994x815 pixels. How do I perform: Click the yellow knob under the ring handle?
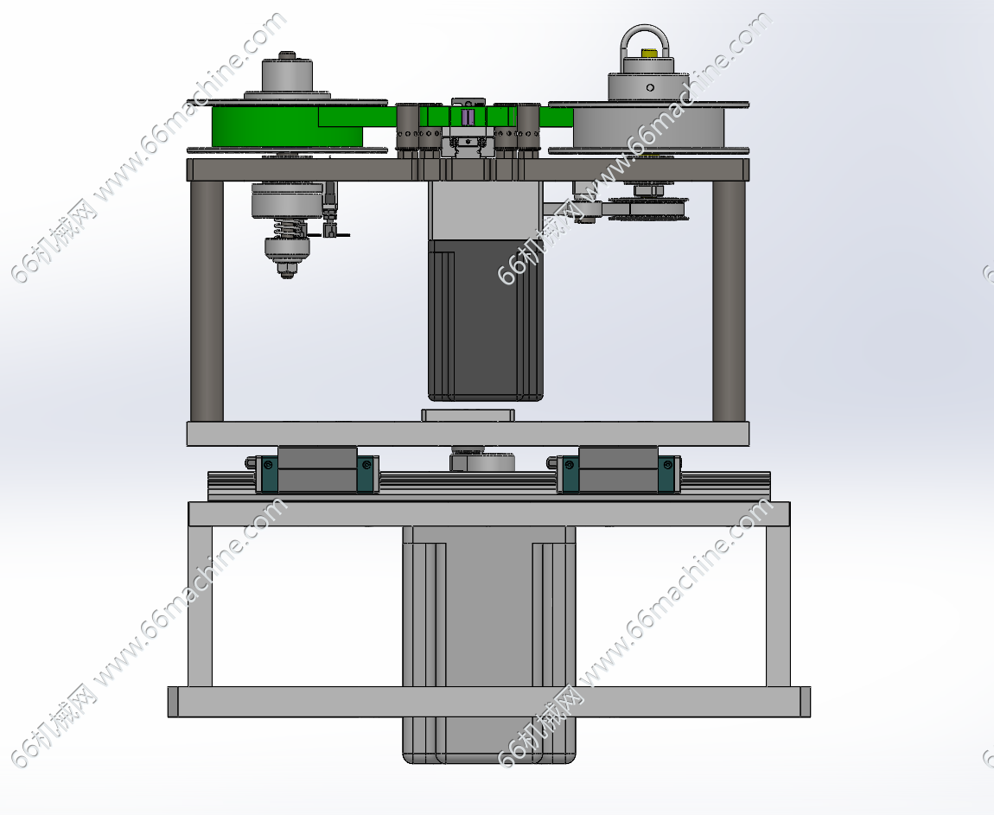point(649,53)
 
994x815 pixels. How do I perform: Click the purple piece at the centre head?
point(468,118)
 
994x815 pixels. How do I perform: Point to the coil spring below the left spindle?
point(289,227)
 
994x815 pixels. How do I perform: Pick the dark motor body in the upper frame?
point(486,320)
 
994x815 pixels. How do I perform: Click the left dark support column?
point(207,301)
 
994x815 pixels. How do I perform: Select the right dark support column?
point(729,301)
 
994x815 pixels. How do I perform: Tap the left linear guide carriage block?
point(317,469)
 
